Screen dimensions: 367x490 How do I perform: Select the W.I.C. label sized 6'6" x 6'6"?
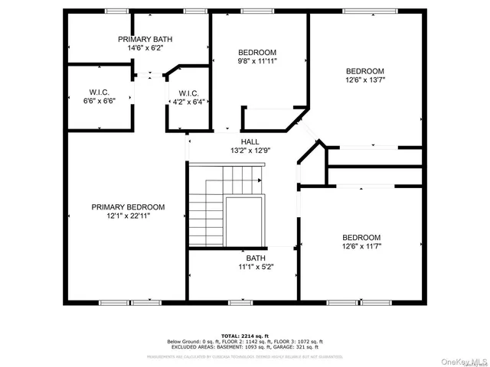(98, 93)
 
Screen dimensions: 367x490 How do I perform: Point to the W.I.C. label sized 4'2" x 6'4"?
(189, 93)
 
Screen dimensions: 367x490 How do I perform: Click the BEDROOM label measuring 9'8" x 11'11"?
(257, 52)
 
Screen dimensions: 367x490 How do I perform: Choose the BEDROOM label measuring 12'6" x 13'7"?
(365, 71)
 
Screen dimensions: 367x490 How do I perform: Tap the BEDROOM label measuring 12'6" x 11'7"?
(361, 237)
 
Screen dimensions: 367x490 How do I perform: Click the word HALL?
(250, 141)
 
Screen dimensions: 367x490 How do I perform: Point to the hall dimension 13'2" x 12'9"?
(250, 151)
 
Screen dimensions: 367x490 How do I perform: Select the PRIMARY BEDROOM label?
(128, 206)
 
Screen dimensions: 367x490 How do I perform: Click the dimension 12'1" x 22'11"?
(128, 216)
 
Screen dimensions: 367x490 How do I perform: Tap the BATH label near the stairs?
(256, 258)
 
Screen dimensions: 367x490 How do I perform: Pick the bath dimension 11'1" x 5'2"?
(256, 267)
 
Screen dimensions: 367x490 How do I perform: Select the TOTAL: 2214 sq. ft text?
(245, 335)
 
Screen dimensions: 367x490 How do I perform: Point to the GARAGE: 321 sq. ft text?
(302, 346)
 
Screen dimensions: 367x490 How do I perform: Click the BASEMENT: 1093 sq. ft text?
(247, 346)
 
